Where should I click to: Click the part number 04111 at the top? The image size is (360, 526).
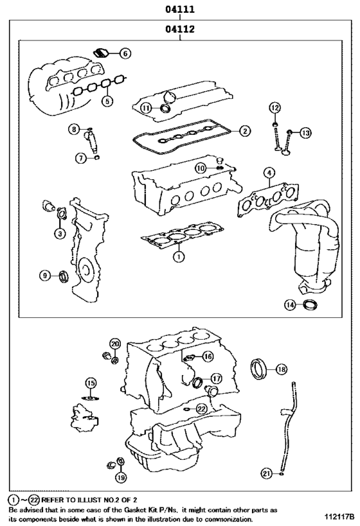pos(180,9)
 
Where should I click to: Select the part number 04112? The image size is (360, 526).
pos(180,29)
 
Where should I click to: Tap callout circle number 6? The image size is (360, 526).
pos(125,53)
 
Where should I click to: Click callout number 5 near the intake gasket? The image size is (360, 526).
pos(107,101)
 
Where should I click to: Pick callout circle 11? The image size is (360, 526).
pos(147,108)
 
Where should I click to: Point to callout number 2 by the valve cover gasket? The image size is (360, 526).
pos(244,131)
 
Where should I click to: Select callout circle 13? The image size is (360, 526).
pos(305,132)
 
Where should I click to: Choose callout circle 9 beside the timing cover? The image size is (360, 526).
pos(45,276)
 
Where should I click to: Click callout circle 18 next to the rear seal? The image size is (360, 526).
pos(281,369)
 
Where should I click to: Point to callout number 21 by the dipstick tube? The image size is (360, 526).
pos(265,473)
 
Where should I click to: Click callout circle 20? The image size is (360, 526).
pos(115,344)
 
